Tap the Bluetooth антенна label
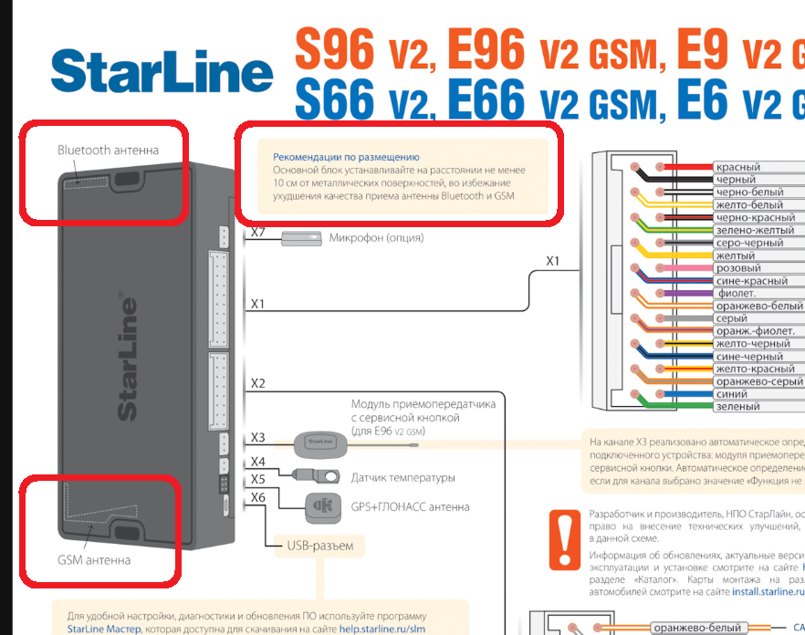click(108, 150)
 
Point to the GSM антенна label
click(94, 559)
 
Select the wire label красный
click(738, 167)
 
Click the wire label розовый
click(738, 268)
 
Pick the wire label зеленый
click(738, 407)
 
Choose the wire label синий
click(734, 394)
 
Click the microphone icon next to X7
click(301, 239)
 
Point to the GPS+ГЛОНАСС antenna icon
click(319, 505)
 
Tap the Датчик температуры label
click(402, 478)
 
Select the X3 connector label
click(257, 439)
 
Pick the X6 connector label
click(257, 497)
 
